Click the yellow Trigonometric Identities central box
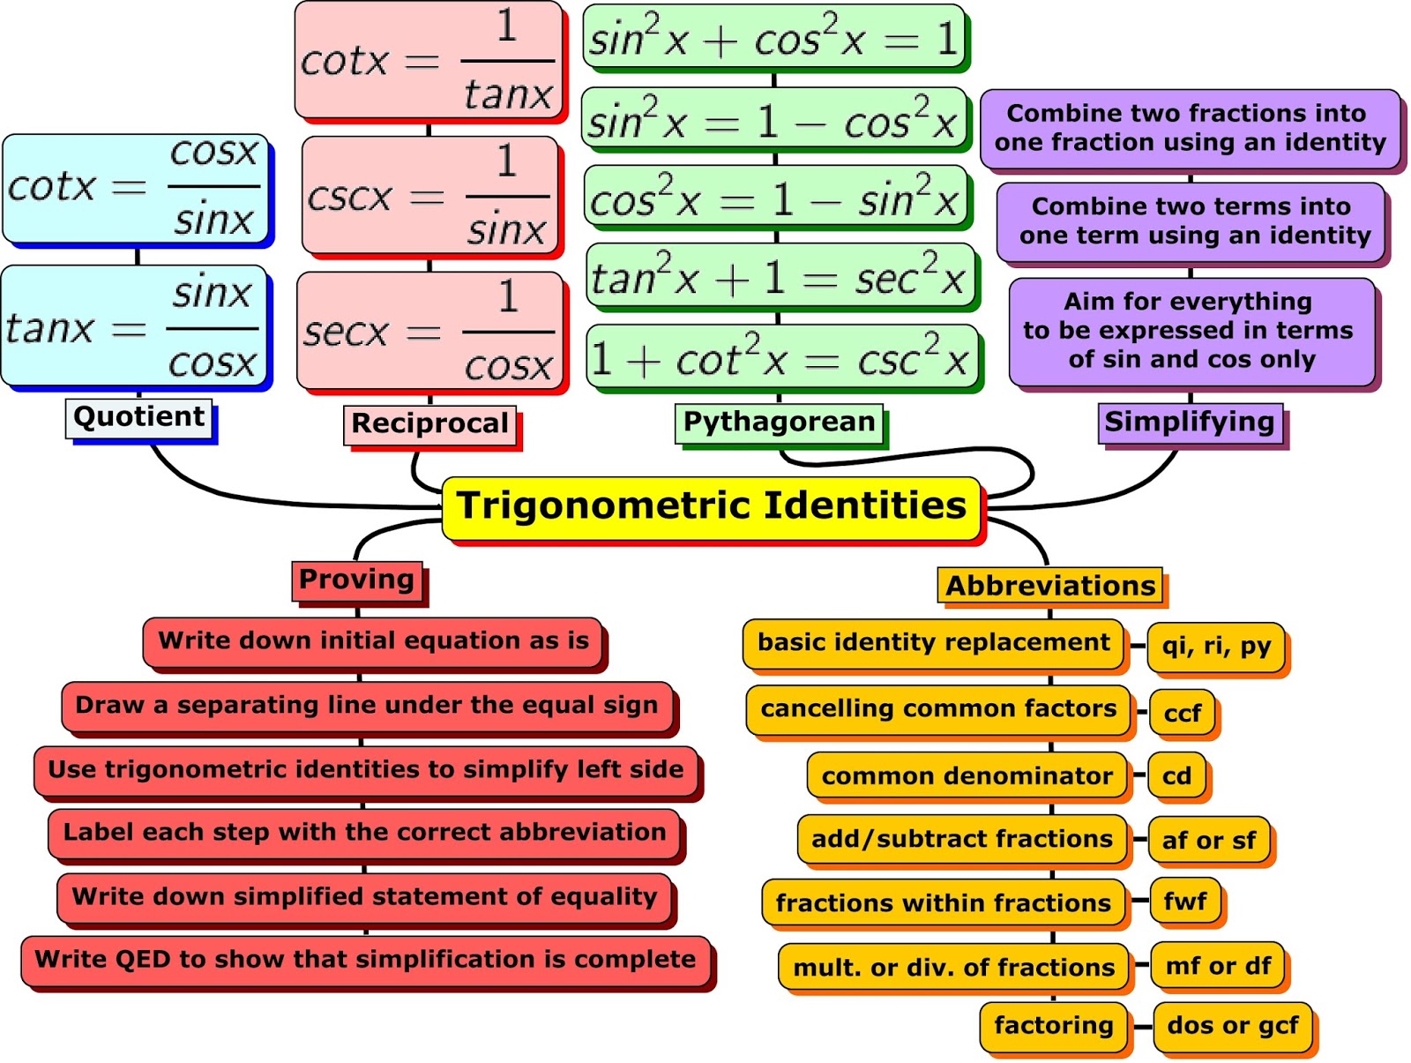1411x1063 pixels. pos(711,507)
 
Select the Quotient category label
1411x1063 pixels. pos(139,417)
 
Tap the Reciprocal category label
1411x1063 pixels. pos(429,424)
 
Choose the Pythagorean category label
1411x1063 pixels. pos(779,423)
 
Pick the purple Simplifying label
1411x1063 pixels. pos(1189,423)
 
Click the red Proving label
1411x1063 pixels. pos(356,580)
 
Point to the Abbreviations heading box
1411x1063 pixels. pos(1049,586)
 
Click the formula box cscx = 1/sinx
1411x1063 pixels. pos(429,196)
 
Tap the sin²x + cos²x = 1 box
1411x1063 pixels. pos(773,39)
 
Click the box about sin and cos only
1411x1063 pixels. pos(1191,331)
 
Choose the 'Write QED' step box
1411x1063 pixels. pos(365,961)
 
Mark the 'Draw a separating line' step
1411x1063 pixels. pos(367,706)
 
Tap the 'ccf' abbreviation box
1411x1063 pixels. pos(1182,713)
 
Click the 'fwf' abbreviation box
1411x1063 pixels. pos(1185,902)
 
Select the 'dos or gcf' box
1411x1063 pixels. pos(1232,1026)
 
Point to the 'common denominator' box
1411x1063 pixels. pos(967,776)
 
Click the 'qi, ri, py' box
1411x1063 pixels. pos(1216,647)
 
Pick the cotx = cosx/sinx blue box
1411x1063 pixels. pos(135,188)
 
